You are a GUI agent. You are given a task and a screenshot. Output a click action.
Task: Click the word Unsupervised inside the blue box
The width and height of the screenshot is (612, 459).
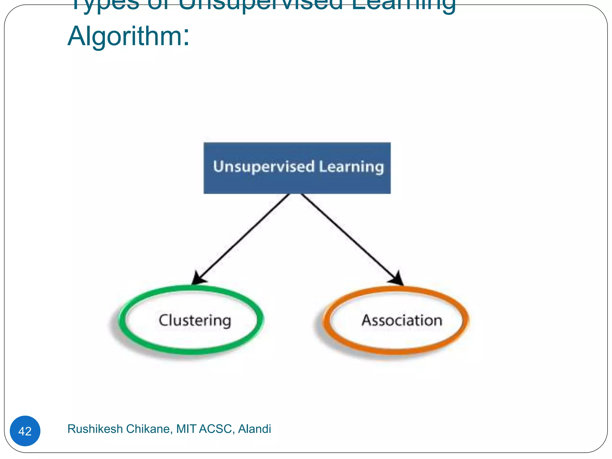(x=264, y=166)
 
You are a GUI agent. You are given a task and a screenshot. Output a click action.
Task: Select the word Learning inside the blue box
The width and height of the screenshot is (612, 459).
(x=351, y=167)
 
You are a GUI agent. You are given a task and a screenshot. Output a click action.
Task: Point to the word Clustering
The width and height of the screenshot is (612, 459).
(x=195, y=321)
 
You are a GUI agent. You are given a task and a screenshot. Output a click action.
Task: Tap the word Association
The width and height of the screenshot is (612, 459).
(x=402, y=320)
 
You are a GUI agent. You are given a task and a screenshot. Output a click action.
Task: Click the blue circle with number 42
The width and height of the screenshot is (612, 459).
(x=25, y=431)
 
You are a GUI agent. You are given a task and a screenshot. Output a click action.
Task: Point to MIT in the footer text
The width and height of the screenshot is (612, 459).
(x=186, y=429)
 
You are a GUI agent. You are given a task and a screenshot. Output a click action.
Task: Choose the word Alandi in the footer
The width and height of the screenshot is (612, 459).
(x=254, y=429)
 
